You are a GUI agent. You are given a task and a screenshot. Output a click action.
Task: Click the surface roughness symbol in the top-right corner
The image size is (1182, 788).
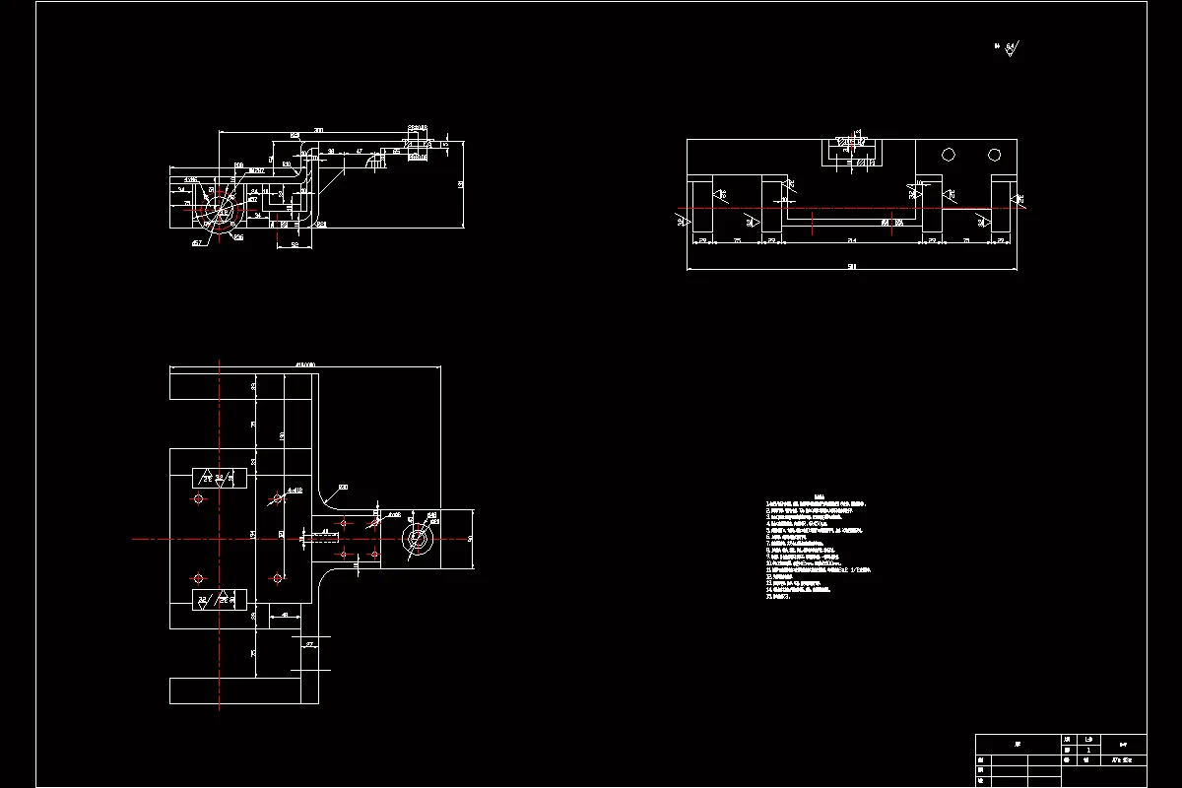(x=1012, y=46)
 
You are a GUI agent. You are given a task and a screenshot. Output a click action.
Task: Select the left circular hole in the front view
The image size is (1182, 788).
(x=949, y=155)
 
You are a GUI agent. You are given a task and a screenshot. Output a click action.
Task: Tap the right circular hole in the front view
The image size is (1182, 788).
(x=994, y=155)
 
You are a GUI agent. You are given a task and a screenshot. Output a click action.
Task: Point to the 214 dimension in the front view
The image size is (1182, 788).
(x=852, y=239)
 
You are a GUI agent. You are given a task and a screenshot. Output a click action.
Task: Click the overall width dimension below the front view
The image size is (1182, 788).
(x=851, y=266)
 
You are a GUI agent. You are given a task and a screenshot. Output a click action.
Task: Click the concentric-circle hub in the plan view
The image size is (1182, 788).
(x=418, y=539)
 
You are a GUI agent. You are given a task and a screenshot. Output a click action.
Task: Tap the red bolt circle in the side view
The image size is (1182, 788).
(x=218, y=212)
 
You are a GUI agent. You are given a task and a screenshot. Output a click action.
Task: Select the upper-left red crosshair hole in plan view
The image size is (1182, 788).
(x=199, y=500)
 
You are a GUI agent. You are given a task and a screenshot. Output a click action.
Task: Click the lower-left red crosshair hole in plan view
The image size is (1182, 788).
(x=199, y=577)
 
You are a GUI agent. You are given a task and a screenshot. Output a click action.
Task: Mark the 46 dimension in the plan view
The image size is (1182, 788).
(x=285, y=616)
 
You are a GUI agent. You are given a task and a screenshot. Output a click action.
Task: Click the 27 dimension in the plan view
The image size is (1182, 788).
(x=309, y=644)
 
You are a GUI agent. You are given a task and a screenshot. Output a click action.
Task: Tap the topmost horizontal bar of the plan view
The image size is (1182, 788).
(x=243, y=383)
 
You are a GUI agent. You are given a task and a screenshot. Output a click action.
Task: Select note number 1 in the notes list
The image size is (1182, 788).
(x=818, y=503)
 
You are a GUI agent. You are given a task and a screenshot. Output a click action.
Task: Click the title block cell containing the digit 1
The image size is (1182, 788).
(x=1087, y=750)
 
